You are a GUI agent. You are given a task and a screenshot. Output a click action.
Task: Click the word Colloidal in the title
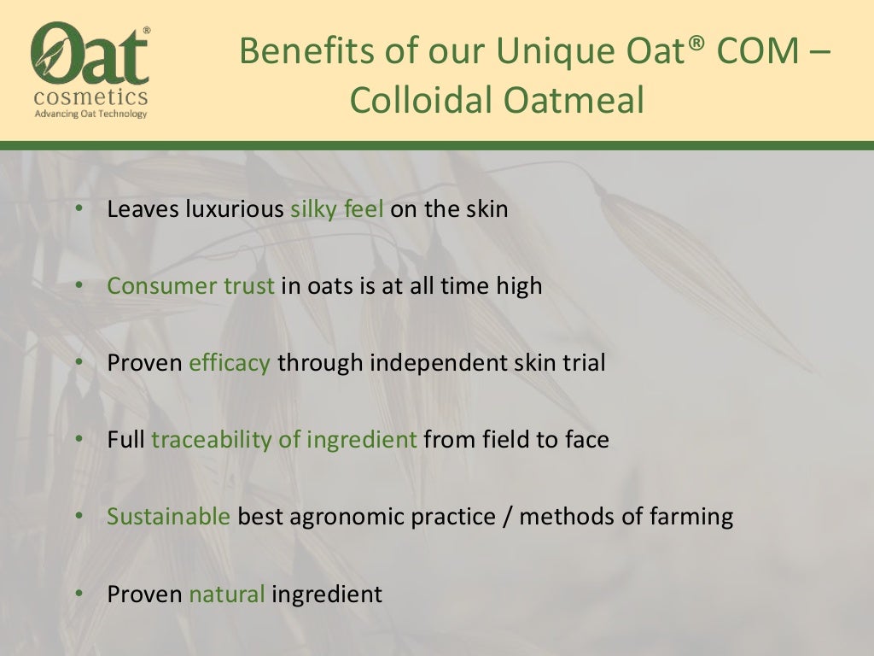(419, 101)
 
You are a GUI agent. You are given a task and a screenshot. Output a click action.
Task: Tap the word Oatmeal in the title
(572, 101)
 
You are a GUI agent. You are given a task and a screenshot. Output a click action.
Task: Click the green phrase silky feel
(337, 209)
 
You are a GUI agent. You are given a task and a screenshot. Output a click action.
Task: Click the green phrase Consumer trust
(190, 285)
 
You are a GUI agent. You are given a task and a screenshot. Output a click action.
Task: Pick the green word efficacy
(230, 363)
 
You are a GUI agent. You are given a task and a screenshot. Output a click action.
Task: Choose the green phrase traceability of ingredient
(284, 440)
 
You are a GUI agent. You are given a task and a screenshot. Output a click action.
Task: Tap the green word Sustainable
(168, 517)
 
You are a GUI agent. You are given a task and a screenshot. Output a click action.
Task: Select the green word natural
(227, 594)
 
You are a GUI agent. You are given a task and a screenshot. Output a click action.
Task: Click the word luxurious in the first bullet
(234, 209)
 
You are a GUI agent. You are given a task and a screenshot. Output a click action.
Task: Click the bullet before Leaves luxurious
(79, 209)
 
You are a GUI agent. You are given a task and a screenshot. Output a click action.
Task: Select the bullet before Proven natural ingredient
(79, 594)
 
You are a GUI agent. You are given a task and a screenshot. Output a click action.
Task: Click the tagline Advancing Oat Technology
(90, 114)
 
